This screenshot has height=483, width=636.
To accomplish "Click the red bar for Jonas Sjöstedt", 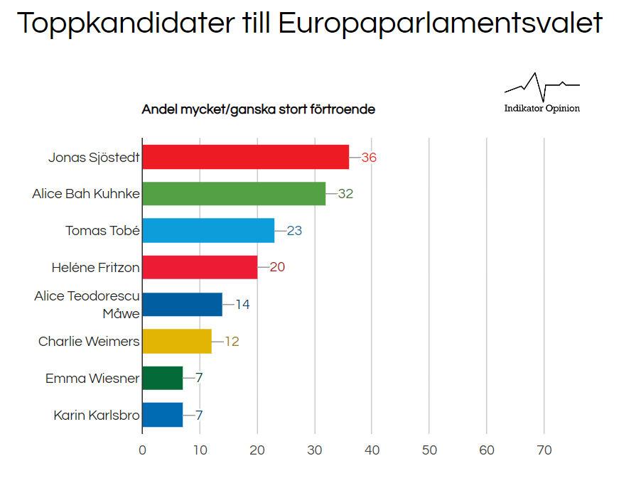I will point(245,157).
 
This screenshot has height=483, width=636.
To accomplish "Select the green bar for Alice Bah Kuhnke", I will point(234,194).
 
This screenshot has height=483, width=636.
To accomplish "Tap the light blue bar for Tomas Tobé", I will point(208,231).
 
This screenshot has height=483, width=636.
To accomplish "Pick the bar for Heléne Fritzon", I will point(200,268).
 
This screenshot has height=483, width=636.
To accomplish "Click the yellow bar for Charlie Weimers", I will point(177,342).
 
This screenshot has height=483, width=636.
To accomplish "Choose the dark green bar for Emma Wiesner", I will point(163,379).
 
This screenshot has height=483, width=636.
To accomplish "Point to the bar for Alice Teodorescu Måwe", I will point(183,305).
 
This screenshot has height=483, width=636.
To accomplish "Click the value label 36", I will point(369,158).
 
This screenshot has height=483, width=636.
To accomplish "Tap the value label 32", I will point(345,194).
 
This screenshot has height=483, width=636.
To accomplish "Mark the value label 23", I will point(294,231).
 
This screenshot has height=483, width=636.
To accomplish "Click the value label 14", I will point(242,305).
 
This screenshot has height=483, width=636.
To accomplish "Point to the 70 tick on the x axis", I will point(544,450).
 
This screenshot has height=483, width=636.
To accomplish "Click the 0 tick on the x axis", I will point(142,450).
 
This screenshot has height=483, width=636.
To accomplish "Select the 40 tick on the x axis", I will point(372,450).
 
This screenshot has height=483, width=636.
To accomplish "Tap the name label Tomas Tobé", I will point(102,231).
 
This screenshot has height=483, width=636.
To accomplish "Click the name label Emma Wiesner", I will point(92,379).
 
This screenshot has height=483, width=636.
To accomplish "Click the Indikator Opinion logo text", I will point(541,109).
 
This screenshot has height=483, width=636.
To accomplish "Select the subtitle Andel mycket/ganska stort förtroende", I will point(258,109).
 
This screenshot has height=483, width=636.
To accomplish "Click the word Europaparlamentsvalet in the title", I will point(440,24).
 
